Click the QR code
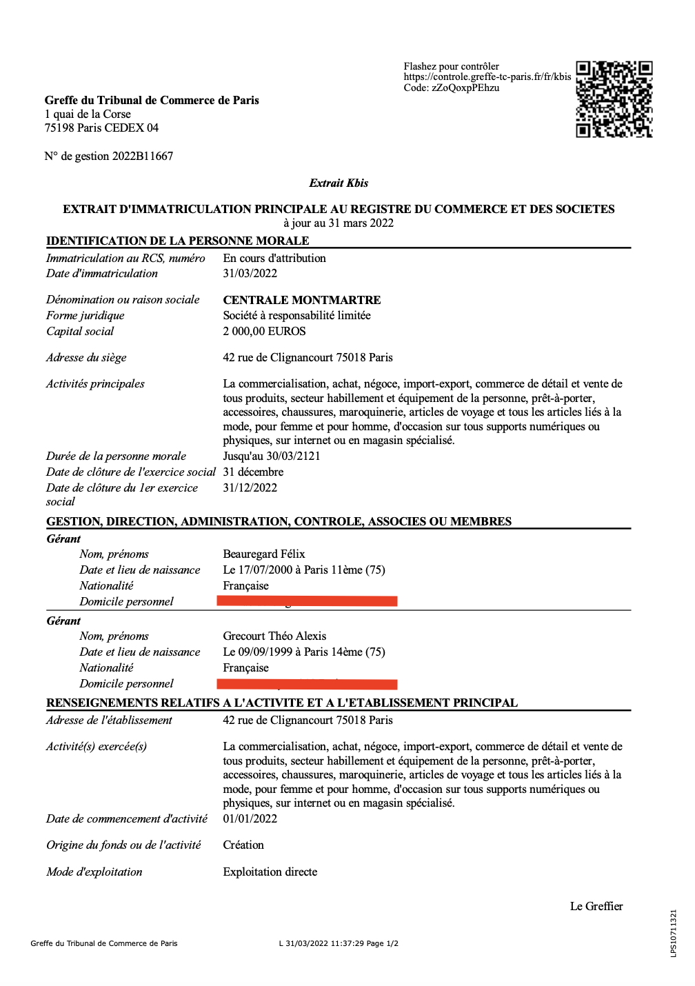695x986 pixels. pos(614,99)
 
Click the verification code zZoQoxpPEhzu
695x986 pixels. pos(465,88)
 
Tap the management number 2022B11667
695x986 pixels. pos(143,157)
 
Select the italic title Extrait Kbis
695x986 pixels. pos(339,183)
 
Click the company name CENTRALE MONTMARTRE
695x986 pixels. pos(302,300)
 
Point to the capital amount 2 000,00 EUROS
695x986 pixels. pos(264,332)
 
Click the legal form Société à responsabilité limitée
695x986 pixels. pos(296,316)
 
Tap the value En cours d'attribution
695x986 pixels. pos(274,259)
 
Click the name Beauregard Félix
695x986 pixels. pos(264,554)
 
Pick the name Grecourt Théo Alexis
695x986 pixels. pos(274,636)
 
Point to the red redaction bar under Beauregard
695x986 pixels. pos(307,602)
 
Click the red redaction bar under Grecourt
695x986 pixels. pos(307,684)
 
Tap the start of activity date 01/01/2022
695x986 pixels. pos(250,819)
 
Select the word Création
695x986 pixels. pos(243,845)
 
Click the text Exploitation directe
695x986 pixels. pos(270,872)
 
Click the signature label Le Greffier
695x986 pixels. pos(596,907)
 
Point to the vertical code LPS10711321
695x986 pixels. pos(674,934)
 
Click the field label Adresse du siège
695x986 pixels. pos(86,358)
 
